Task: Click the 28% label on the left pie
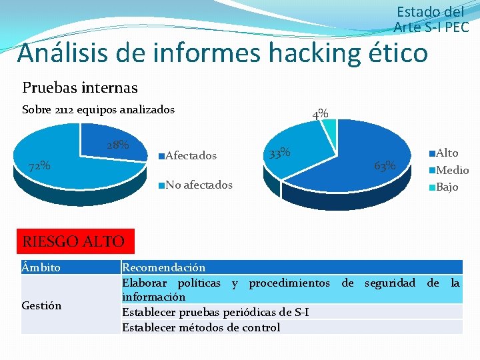coord(118,145)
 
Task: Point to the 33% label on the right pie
coord(279,153)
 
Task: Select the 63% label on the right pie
coord(385,165)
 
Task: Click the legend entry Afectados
coord(190,156)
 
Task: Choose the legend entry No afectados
coord(198,185)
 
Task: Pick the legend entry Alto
coord(446,153)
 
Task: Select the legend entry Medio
coord(451,170)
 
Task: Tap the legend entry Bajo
coord(447,187)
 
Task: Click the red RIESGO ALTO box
coord(74,241)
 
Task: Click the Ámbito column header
coord(41,267)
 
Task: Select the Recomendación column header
coord(163,267)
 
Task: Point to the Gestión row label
coord(41,305)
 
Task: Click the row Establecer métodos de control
coord(201,327)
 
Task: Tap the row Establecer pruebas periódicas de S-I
coord(215,312)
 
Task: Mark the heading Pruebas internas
coord(80,87)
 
